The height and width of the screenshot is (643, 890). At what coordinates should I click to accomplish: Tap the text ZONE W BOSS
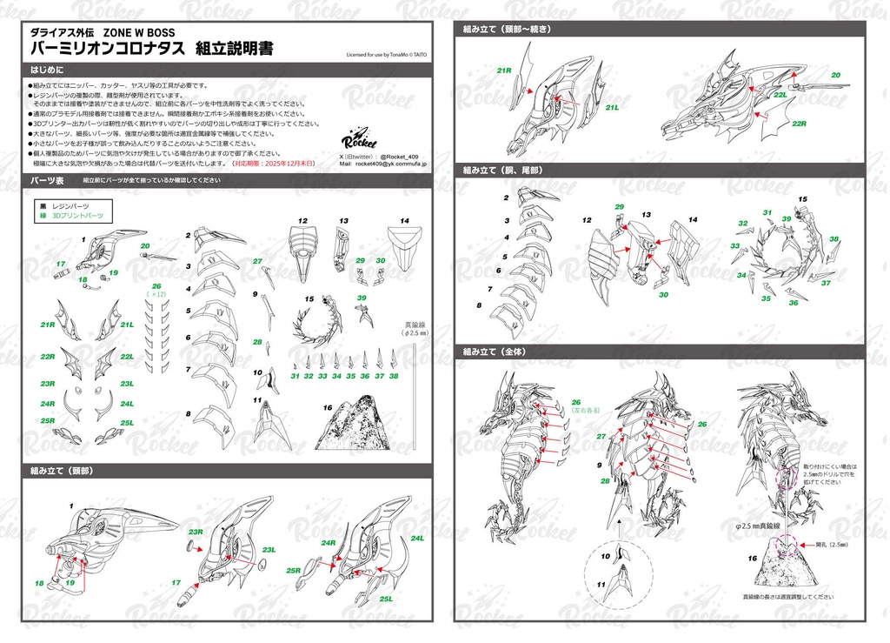[139, 33]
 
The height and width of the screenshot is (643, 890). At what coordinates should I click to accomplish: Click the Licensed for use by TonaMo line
[387, 54]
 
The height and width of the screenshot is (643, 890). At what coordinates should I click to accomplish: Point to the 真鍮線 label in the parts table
[411, 325]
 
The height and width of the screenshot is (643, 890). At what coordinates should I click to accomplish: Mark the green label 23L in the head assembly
[269, 549]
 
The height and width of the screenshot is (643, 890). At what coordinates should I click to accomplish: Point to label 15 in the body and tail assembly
[802, 199]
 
